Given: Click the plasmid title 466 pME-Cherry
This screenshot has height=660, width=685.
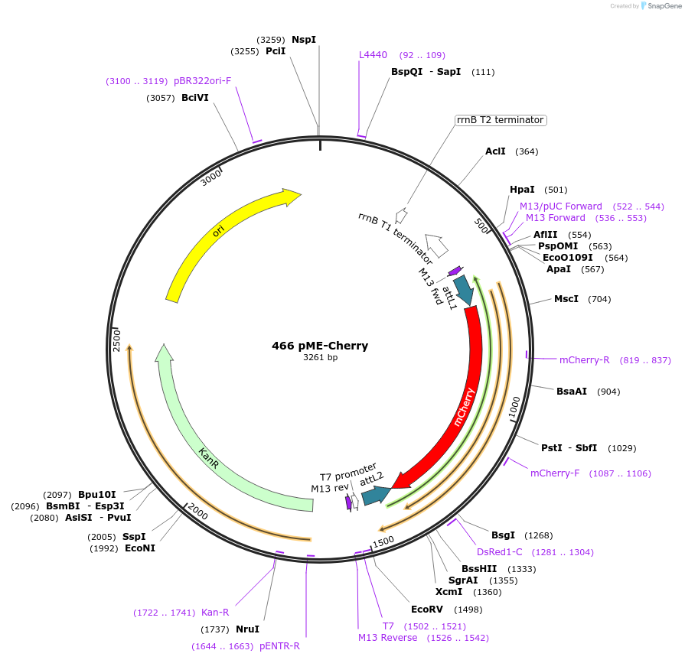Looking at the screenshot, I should pyautogui.click(x=320, y=346).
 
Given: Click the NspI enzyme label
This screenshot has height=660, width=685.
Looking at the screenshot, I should pyautogui.click(x=303, y=39).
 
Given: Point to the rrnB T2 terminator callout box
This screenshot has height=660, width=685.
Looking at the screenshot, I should pyautogui.click(x=500, y=120).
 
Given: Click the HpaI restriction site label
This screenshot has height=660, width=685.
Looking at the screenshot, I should pyautogui.click(x=522, y=190).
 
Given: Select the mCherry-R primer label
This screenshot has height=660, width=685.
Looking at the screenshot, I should pyautogui.click(x=584, y=360).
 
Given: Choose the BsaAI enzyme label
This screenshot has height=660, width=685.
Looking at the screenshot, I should pyautogui.click(x=571, y=392).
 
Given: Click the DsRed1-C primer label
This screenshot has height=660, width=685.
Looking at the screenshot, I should pyautogui.click(x=499, y=552).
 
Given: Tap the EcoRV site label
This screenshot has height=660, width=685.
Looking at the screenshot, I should pyautogui.click(x=426, y=610).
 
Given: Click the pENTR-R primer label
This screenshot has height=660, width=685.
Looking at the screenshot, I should pyautogui.click(x=279, y=646).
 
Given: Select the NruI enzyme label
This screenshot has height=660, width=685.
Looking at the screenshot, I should pyautogui.click(x=247, y=629).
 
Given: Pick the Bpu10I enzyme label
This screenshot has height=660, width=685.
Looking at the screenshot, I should pyautogui.click(x=96, y=495).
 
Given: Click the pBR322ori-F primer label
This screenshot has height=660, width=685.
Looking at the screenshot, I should pyautogui.click(x=202, y=80).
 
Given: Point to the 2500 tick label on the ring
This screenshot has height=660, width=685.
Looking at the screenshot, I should pyautogui.click(x=117, y=340).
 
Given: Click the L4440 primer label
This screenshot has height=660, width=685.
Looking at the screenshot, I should pyautogui.click(x=373, y=55).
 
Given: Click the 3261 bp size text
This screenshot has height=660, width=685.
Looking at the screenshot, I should pyautogui.click(x=320, y=357).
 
